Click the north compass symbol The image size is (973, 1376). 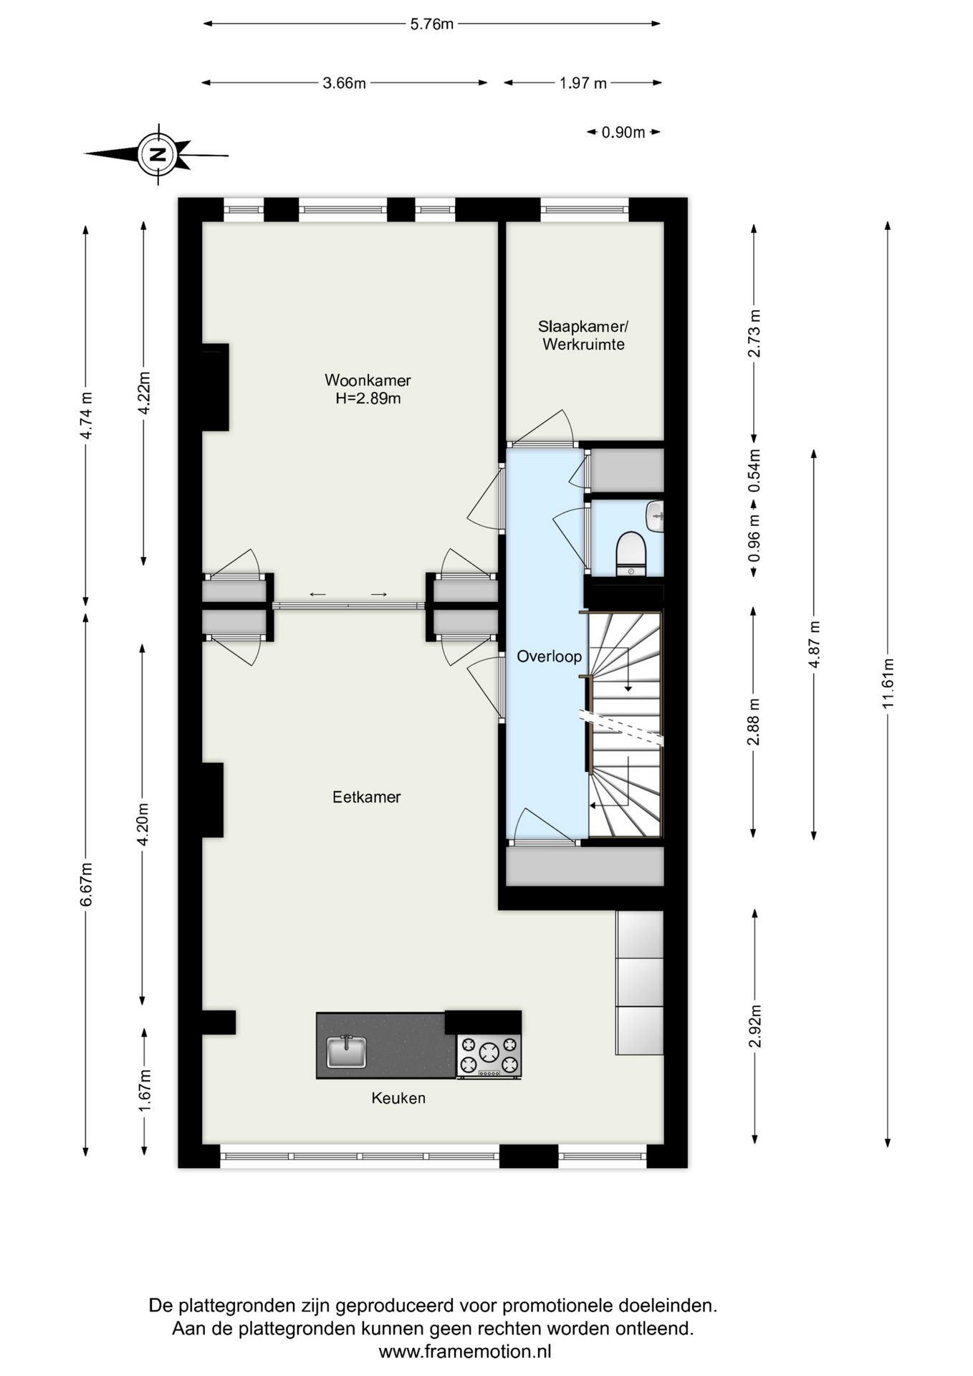click(158, 154)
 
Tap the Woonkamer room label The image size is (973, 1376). click(368, 380)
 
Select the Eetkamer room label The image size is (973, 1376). click(366, 797)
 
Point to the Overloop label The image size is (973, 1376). click(550, 656)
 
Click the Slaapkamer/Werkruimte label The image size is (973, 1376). click(583, 335)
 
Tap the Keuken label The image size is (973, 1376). click(398, 1098)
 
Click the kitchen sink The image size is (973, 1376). click(347, 1051)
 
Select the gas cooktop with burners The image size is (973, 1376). click(489, 1056)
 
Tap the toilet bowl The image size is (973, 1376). click(631, 553)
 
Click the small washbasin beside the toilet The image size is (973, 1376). click(655, 516)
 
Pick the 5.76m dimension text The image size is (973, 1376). click(432, 24)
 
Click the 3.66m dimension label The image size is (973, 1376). click(345, 83)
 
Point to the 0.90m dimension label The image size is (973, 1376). click(623, 133)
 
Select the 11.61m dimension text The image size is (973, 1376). click(888, 683)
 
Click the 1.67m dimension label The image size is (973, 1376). click(145, 1091)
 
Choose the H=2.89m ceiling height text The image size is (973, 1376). click(368, 398)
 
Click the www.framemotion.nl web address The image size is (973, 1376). click(465, 1352)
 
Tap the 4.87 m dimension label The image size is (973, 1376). click(814, 645)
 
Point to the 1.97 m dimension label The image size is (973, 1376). click(583, 83)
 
